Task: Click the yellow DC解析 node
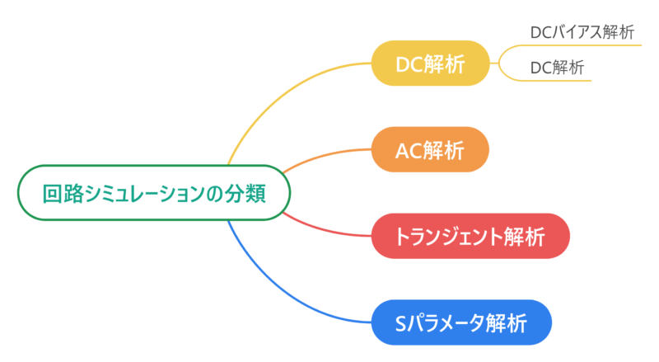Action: click(x=431, y=63)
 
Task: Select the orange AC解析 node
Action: click(x=431, y=149)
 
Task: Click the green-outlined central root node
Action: click(x=154, y=193)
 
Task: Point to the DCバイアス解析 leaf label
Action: click(x=582, y=33)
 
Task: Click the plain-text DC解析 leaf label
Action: click(x=557, y=68)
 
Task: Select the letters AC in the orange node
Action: click(x=409, y=149)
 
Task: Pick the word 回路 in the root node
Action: click(x=63, y=193)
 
